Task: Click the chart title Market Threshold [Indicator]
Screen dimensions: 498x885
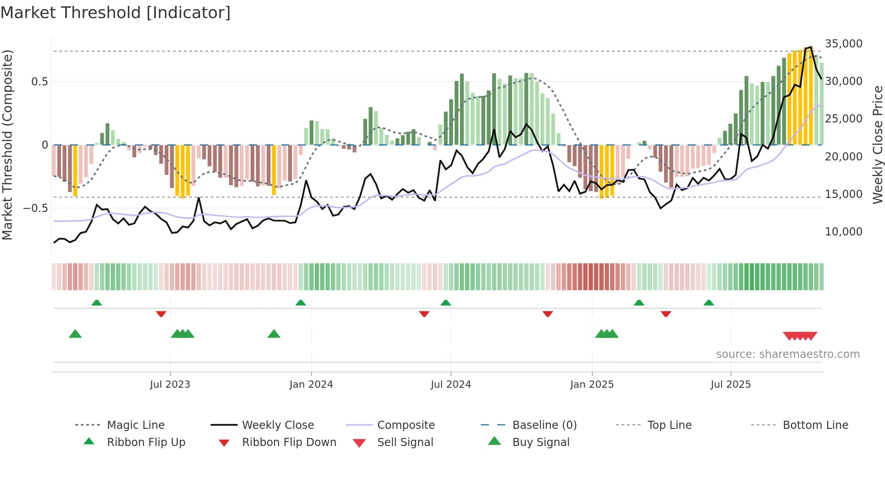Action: tap(116, 13)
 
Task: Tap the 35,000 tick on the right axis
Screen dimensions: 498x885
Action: tap(843, 44)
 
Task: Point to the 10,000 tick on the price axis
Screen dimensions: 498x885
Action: tap(843, 232)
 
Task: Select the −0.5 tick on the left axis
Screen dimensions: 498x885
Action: tap(35, 208)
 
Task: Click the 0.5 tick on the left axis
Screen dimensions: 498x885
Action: tap(39, 82)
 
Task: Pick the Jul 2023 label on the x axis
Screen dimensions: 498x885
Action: tap(170, 385)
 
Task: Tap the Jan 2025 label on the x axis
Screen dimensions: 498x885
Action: tap(592, 385)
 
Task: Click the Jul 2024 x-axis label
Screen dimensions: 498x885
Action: tap(451, 385)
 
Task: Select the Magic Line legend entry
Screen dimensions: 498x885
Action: tap(135, 425)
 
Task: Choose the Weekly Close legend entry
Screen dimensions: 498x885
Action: tap(278, 425)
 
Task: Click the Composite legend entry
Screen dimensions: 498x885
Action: tap(405, 425)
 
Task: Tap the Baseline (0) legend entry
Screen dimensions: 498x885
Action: tap(544, 425)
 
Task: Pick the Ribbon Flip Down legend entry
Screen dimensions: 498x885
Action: tap(289, 442)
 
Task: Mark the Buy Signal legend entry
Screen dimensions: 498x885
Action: tap(540, 442)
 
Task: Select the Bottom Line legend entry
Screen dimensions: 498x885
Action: tap(815, 425)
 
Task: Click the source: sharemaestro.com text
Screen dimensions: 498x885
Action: tap(787, 354)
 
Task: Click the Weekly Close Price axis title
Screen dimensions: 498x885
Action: tap(877, 145)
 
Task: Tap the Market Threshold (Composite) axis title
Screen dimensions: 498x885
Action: tap(7, 145)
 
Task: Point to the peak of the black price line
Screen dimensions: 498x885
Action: tap(811, 47)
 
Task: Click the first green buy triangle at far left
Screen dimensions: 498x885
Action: tap(75, 334)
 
